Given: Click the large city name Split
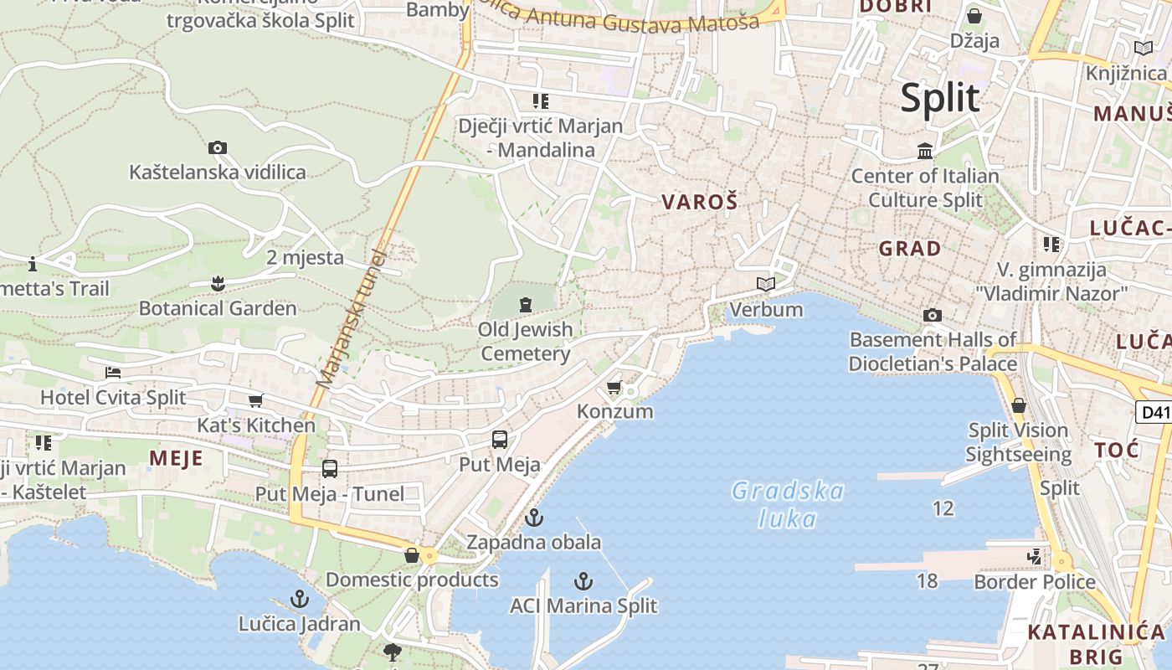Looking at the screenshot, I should [939, 98].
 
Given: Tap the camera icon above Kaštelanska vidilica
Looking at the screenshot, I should [218, 148].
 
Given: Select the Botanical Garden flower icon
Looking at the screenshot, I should [218, 284].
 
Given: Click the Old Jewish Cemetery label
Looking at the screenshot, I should [526, 341].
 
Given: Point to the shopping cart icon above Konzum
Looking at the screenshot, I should [614, 388].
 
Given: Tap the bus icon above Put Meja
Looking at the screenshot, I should [500, 440].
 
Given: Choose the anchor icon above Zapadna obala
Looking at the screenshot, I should [533, 518].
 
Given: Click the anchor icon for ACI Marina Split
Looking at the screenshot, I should [583, 581].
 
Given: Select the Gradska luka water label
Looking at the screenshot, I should [787, 504].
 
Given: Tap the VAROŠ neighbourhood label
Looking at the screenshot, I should [700, 202].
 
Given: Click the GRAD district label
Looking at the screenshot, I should [910, 249].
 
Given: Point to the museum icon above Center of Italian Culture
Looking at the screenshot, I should [925, 152].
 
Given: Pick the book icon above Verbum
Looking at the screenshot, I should [766, 285].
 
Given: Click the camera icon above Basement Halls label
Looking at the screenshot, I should [932, 316].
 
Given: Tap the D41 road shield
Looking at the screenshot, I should [1154, 412].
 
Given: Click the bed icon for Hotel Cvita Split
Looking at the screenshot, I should [113, 373].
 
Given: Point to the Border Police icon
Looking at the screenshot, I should [1035, 557].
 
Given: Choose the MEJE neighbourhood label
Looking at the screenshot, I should [176, 458].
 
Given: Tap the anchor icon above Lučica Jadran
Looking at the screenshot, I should [299, 599].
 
